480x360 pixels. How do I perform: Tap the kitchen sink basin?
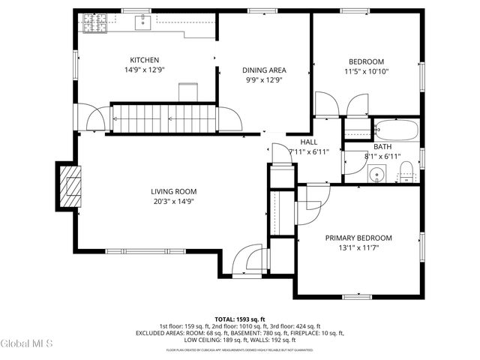coord(142,23)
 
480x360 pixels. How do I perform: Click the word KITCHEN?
coord(144,60)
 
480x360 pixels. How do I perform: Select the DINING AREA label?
coord(264,70)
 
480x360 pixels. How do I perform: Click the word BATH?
coord(382,147)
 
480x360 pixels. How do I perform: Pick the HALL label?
coord(309,142)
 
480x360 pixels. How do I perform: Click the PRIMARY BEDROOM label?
coord(358,238)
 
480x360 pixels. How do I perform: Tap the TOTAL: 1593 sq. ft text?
coord(240,319)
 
